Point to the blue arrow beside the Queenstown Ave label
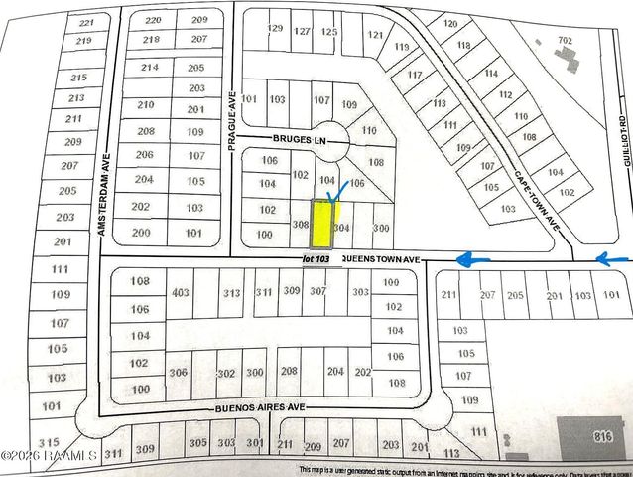(473, 259)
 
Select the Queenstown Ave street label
(381, 259)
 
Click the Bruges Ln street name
(294, 141)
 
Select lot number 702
(565, 40)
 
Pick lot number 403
(180, 293)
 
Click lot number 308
(301, 227)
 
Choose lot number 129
(275, 30)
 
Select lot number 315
(49, 441)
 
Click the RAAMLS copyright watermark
(49, 456)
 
